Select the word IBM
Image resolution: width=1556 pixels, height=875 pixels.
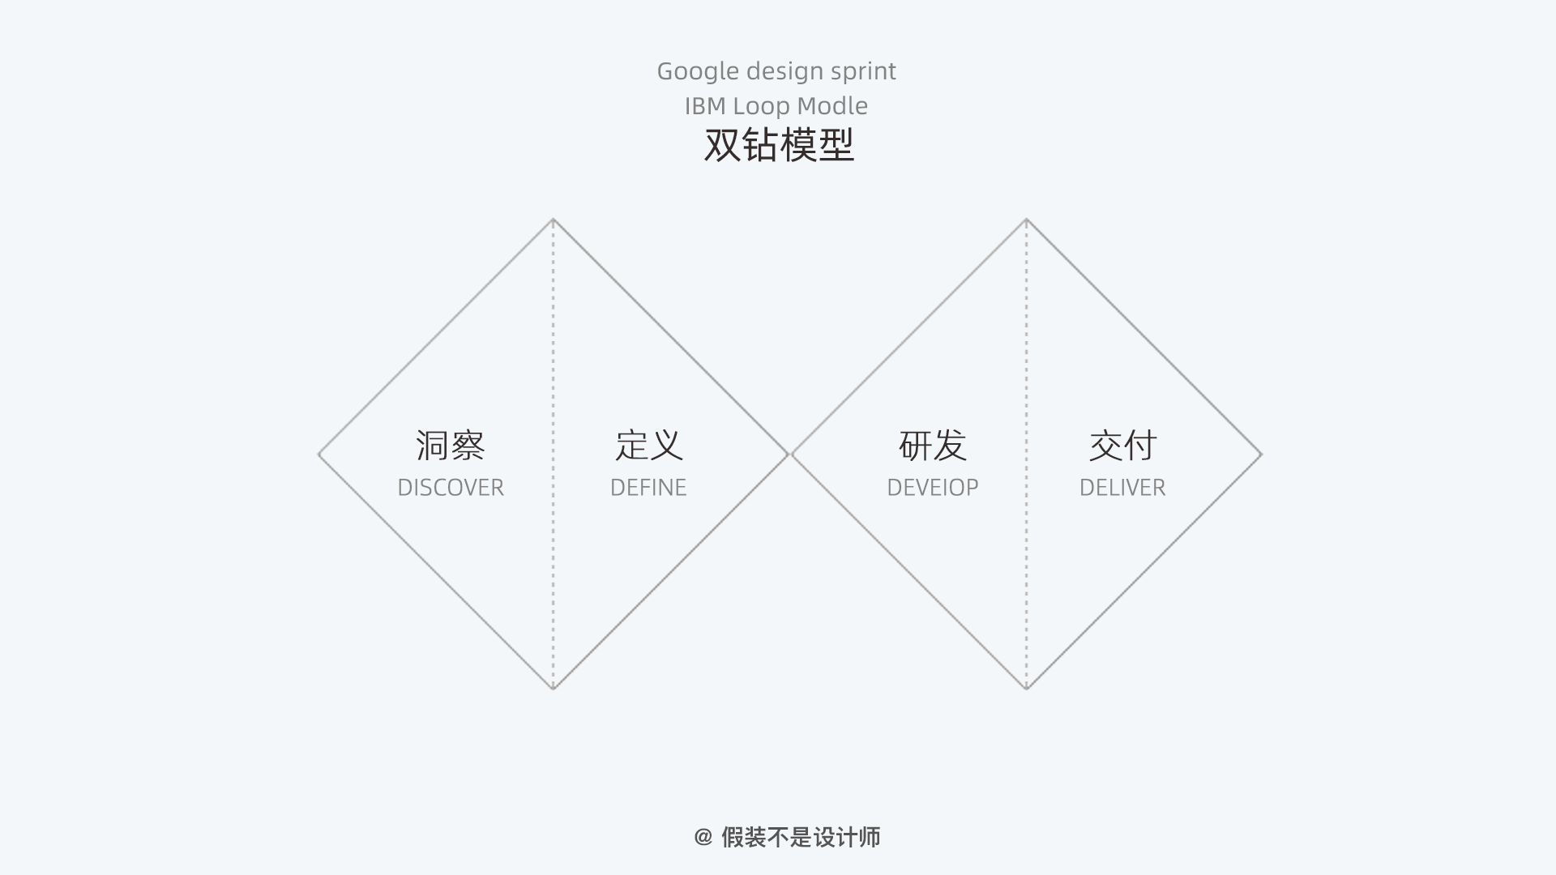[x=705, y=106]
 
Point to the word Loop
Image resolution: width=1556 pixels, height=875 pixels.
[x=761, y=107]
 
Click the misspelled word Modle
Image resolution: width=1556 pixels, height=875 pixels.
[x=832, y=106]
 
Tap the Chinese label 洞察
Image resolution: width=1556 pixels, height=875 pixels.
[x=451, y=446]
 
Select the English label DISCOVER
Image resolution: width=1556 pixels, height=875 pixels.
[x=451, y=488]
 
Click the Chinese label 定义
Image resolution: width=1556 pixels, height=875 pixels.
[x=648, y=446]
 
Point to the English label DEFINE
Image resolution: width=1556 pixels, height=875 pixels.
[x=648, y=488]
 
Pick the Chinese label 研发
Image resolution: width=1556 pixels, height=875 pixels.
[x=933, y=446]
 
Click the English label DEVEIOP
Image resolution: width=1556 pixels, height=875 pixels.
[x=933, y=488]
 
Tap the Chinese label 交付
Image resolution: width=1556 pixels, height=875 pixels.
[x=1122, y=446]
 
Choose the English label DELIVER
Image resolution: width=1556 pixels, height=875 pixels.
[x=1122, y=488]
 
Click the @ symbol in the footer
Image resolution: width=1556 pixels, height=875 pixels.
[x=703, y=837]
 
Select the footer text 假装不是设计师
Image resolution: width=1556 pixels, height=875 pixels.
[x=801, y=837]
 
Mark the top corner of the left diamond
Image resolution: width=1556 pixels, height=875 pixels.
[x=554, y=220]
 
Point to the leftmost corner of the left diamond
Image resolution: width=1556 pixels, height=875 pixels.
[x=319, y=455]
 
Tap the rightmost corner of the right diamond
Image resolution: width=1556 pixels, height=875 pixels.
[x=1261, y=455]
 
